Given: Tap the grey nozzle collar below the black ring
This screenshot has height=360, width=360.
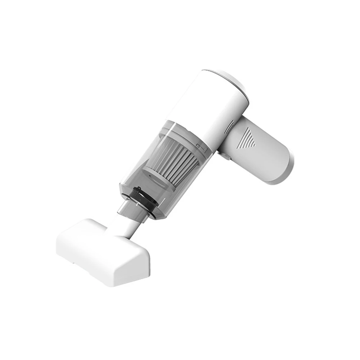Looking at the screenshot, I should tap(133, 211).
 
